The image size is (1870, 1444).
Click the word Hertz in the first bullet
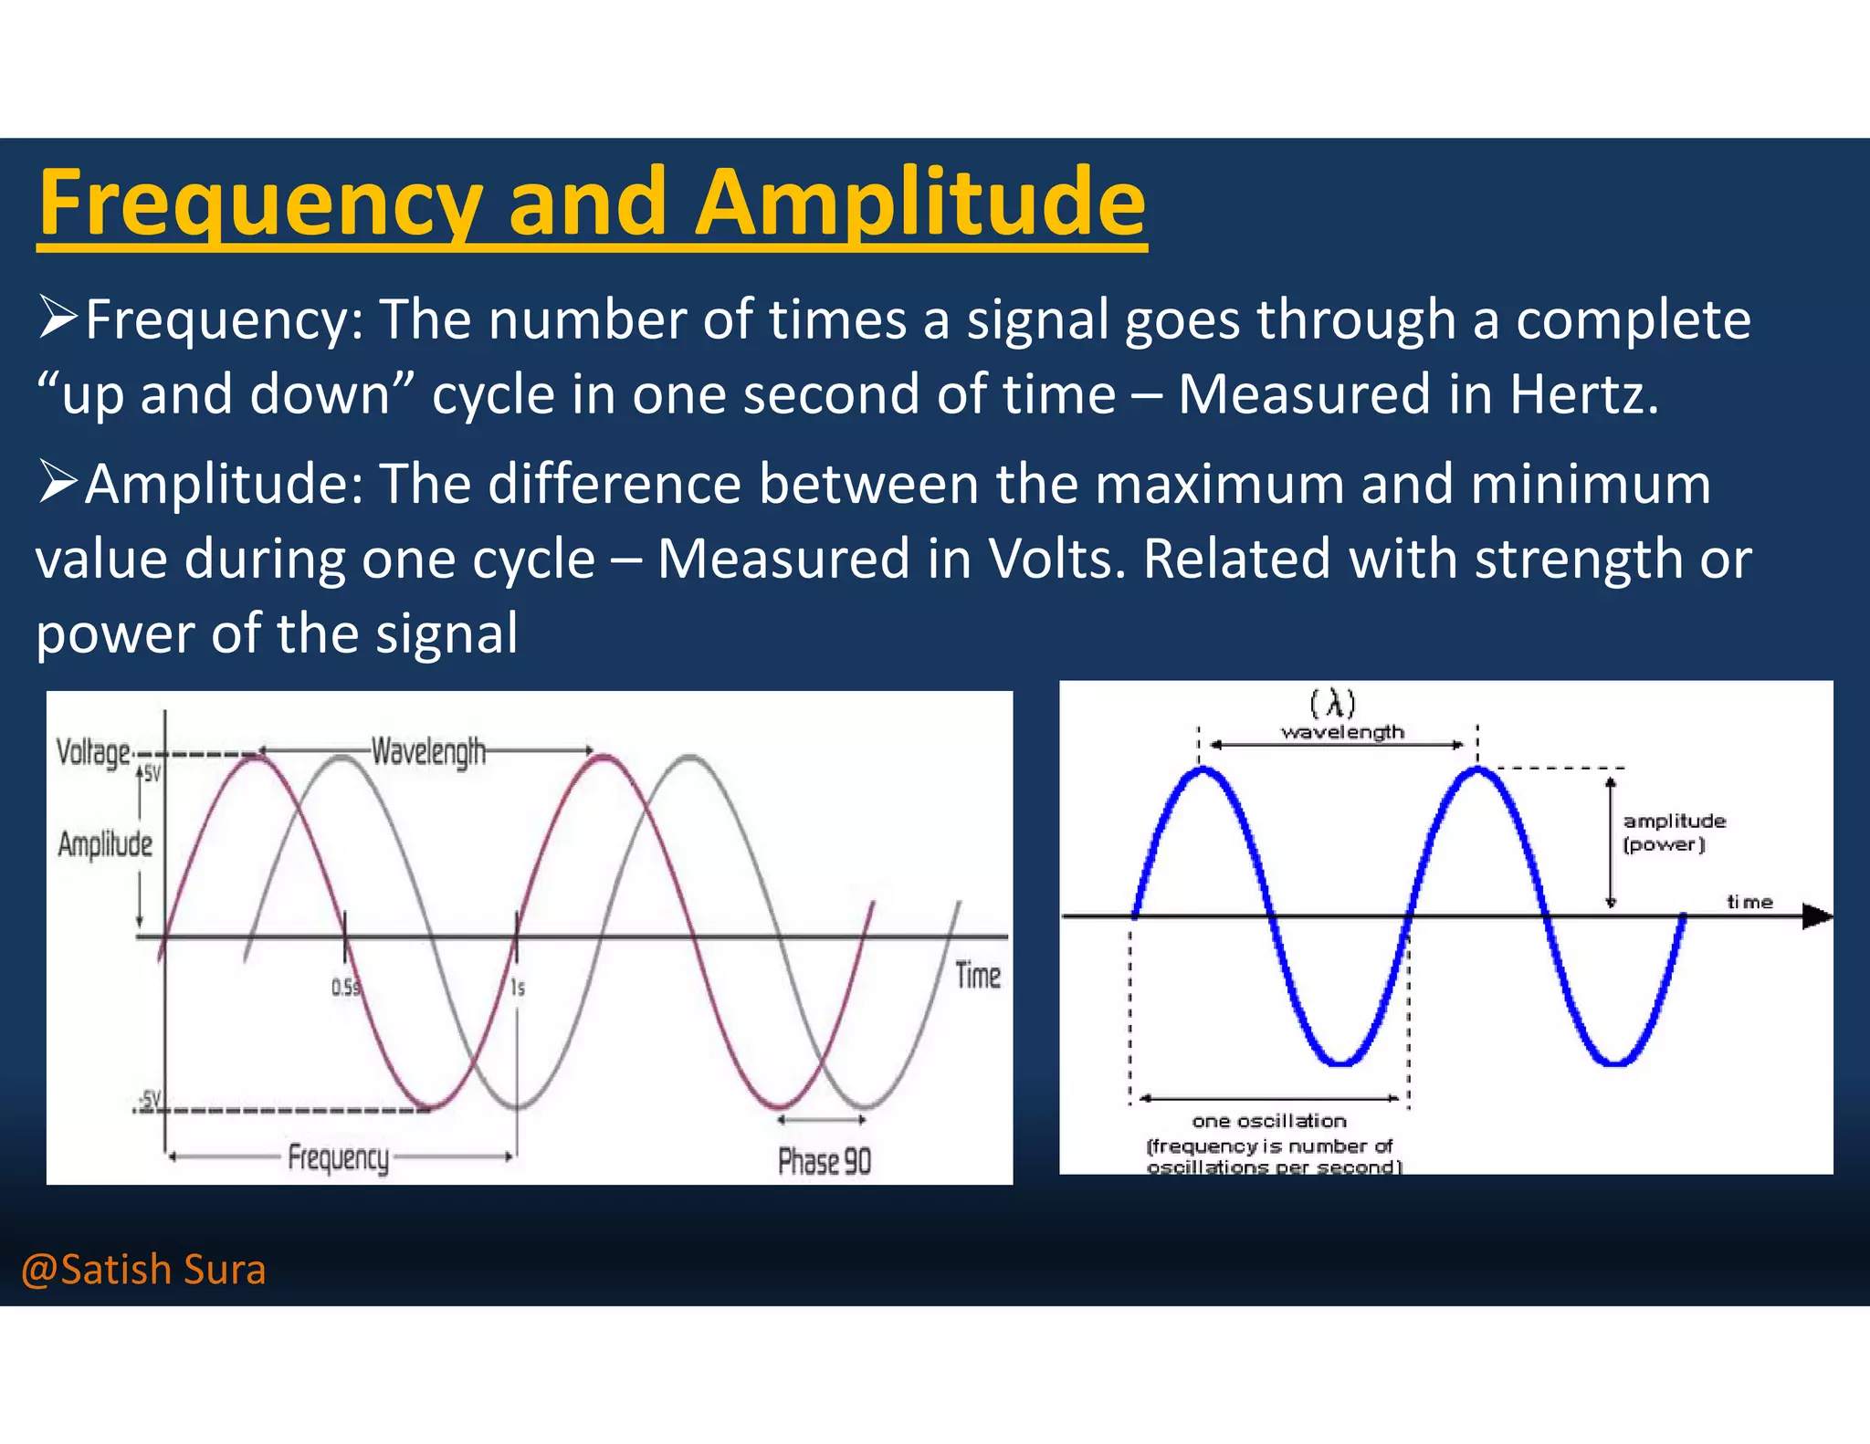1582,394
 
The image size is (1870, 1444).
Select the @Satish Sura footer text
143,1270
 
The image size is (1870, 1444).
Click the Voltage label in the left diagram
94,753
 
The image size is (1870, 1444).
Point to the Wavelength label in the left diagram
428,752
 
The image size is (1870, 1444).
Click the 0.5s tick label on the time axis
345,988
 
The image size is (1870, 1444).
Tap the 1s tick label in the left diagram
518,988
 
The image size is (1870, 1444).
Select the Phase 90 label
824,1161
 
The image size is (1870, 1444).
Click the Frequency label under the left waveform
339,1157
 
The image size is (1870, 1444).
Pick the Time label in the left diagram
978,976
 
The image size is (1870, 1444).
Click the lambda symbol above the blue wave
1333,704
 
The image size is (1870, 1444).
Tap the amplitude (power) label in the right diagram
1674,832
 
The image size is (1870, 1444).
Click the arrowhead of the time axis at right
1817,916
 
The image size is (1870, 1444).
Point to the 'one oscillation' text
1269,1121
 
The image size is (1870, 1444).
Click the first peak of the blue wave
1204,772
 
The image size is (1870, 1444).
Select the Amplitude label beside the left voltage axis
105,844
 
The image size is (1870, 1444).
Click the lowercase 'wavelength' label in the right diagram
1342,732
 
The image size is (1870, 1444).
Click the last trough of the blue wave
1614,1062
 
